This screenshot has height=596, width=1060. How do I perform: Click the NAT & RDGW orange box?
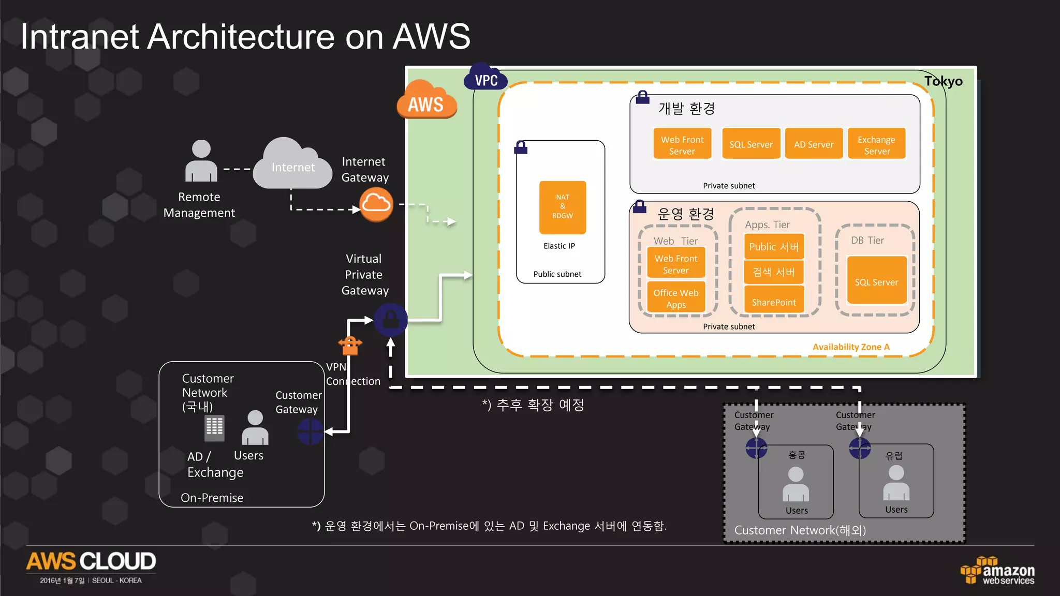pos(563,207)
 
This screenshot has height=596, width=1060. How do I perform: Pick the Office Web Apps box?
pos(676,298)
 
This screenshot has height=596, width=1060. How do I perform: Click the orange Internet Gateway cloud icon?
pos(376,204)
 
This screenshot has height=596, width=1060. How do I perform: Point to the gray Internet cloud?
pos(293,165)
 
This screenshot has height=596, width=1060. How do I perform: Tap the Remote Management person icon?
pos(201,161)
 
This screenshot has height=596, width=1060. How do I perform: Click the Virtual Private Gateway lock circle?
pos(391,320)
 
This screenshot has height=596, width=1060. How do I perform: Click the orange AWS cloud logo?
pos(426,101)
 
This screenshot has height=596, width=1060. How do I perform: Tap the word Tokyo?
pos(943,81)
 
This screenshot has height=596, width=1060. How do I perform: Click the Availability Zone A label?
pos(851,347)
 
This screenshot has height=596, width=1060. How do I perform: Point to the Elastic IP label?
pos(559,246)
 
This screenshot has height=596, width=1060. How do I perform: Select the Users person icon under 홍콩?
pos(796,484)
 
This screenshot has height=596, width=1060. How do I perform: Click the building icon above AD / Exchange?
pos(214,428)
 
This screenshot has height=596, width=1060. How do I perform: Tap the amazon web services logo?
pos(998,571)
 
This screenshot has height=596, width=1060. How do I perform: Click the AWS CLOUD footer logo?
pos(91,562)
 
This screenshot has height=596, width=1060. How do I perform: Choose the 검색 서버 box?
pos(774,272)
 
